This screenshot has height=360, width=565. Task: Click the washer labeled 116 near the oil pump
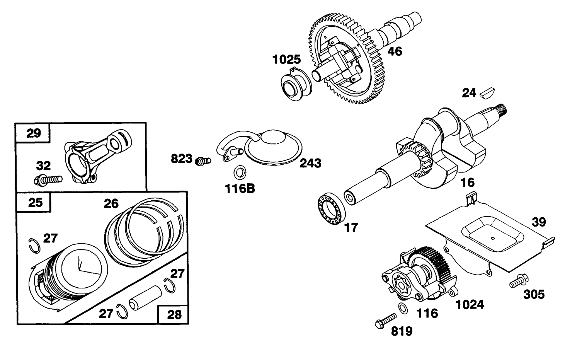[403, 308]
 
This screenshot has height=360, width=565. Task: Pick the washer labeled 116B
[239, 172]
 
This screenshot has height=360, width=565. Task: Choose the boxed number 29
[33, 133]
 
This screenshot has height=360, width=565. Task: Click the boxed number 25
[35, 202]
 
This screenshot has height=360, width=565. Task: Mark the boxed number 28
[174, 314]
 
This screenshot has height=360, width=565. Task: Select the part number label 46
[395, 51]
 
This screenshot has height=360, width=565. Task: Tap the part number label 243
[310, 164]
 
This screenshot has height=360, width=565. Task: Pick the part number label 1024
[470, 304]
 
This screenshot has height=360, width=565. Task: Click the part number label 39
[539, 222]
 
